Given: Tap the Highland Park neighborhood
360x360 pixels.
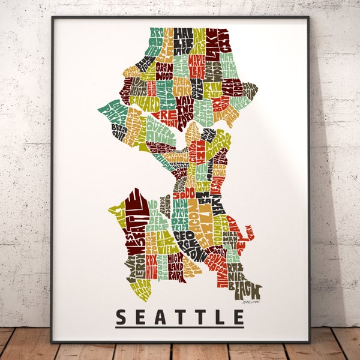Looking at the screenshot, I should pos(175,262).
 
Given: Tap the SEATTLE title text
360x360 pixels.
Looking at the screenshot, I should pos(180,316).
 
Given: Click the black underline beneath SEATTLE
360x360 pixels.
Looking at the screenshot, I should pos(180,327).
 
